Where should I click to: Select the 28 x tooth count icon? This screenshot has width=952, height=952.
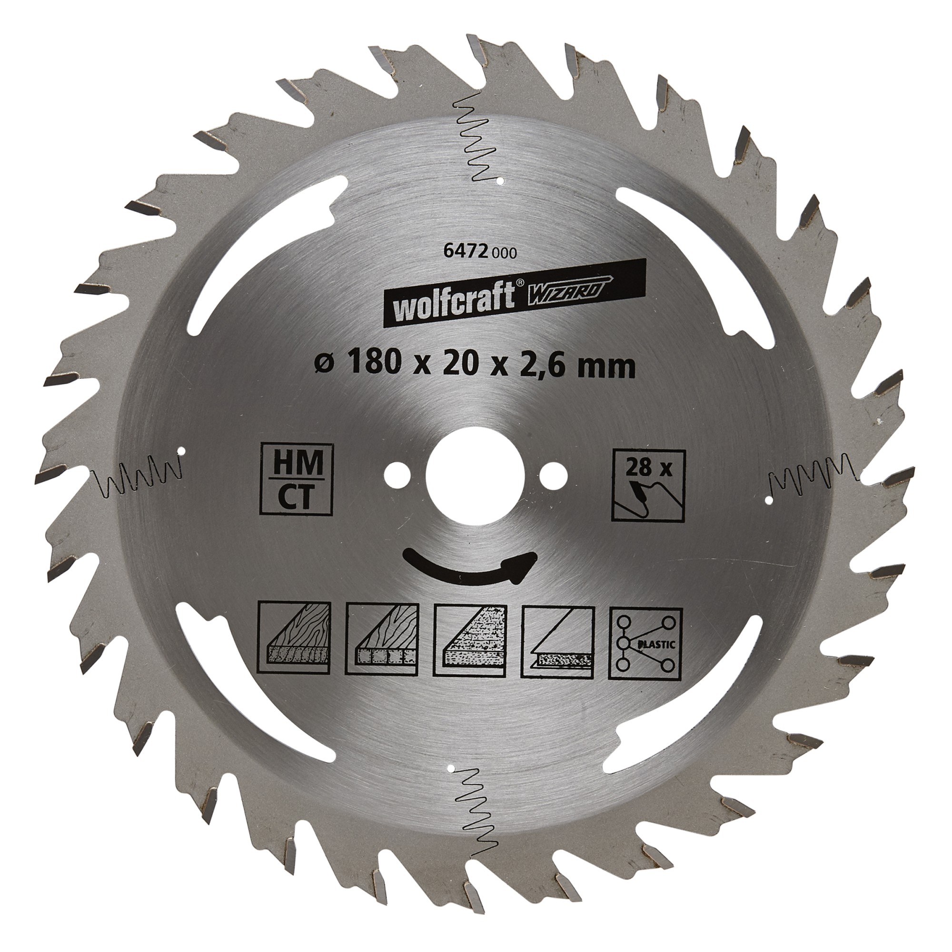pyautogui.click(x=648, y=485)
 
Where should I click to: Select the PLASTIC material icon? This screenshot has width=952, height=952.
pyautogui.click(x=645, y=643)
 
